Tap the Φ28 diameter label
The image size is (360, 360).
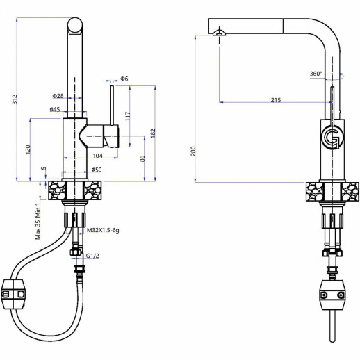coord(58,96)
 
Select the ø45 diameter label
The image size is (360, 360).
coord(54,109)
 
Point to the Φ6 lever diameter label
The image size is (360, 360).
coord(124,79)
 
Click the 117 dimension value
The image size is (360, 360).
coord(126,115)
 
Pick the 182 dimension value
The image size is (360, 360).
coord(153,131)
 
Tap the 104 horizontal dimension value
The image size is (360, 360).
coord(97,156)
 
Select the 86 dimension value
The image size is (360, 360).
coord(142,158)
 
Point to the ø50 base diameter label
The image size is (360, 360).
coord(96,170)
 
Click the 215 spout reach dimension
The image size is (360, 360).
coord(275,101)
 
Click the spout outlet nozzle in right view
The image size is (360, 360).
coord(220,32)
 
